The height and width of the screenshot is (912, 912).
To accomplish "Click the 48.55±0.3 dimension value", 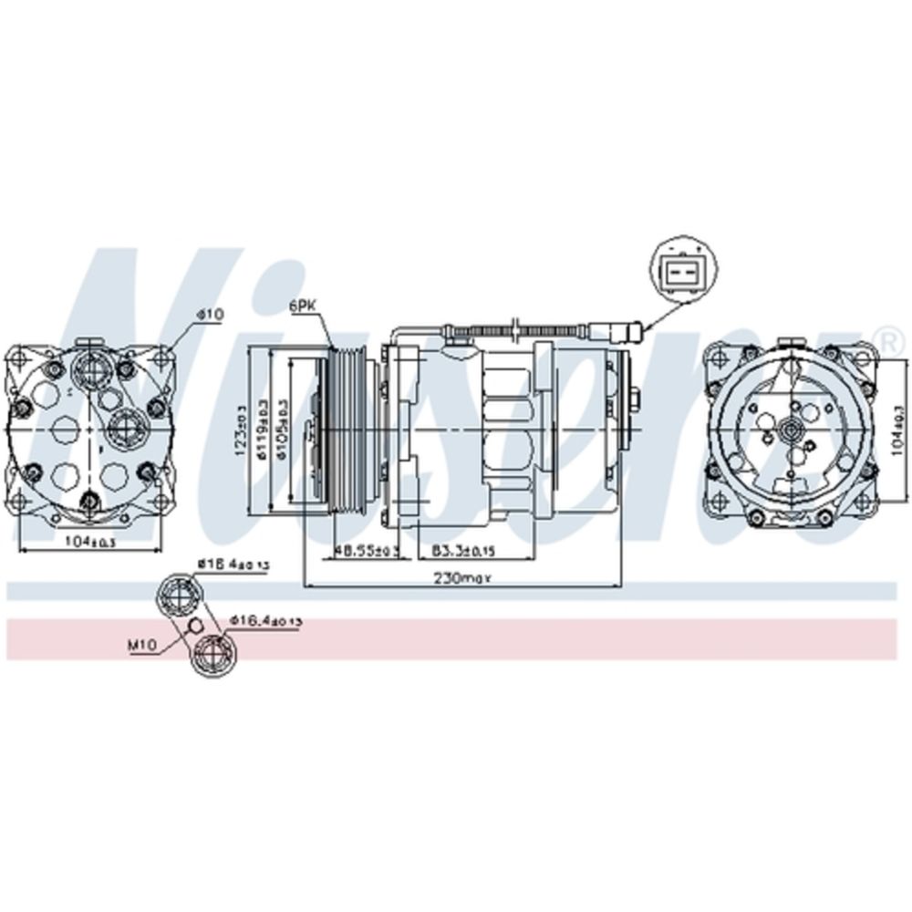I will coord(363,551).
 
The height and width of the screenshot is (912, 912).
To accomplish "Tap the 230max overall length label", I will coord(463,577).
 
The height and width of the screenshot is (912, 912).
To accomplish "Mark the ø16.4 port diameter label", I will coord(265,620).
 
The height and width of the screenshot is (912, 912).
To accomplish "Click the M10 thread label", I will coord(143,645).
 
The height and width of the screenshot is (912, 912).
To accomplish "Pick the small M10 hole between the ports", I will coord(192,626).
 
